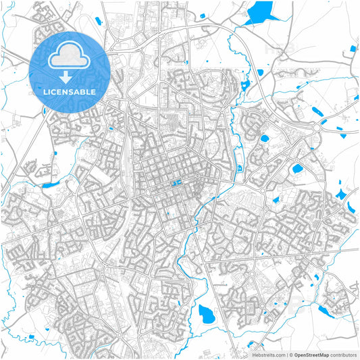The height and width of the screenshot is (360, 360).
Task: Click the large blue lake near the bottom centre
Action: [x=207, y=312]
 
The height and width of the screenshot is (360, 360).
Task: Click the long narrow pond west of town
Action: [x=50, y=184]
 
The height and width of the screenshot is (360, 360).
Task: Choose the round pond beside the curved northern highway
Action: [x=264, y=138]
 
